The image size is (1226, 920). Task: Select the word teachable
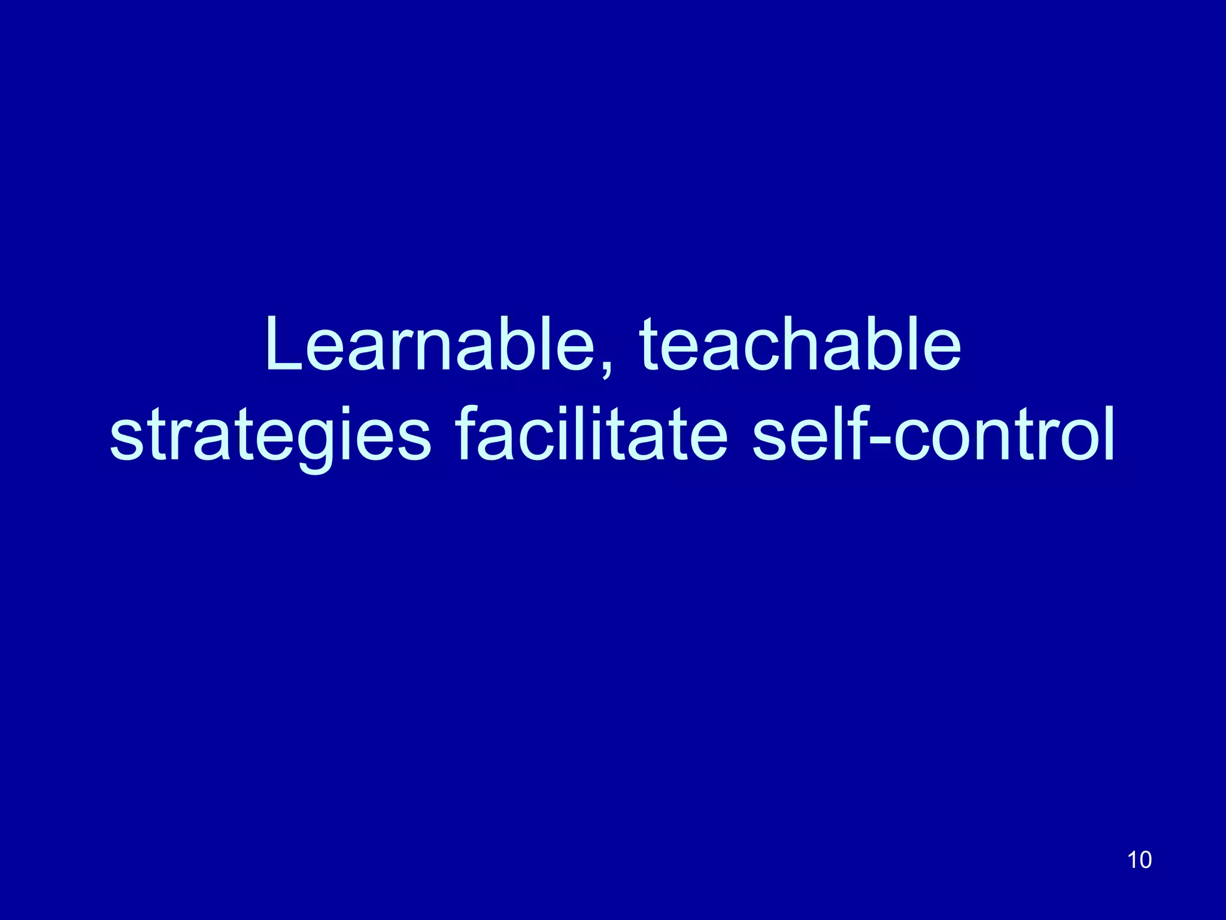[x=800, y=346]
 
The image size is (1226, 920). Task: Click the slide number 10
[x=1139, y=860]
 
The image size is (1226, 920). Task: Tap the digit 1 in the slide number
[x=1132, y=860]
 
